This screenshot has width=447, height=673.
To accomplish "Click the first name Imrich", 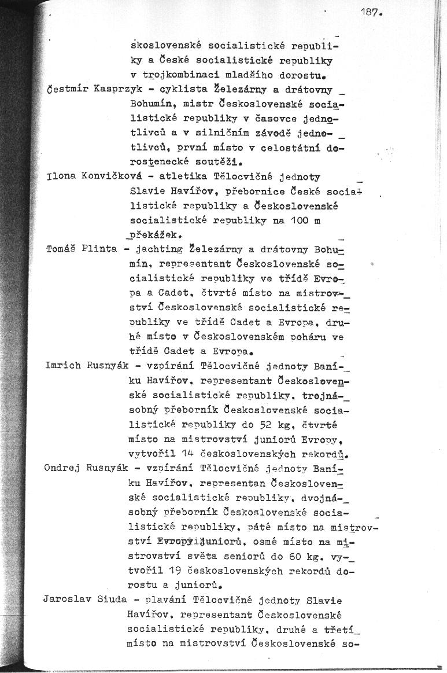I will (x=62, y=366).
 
